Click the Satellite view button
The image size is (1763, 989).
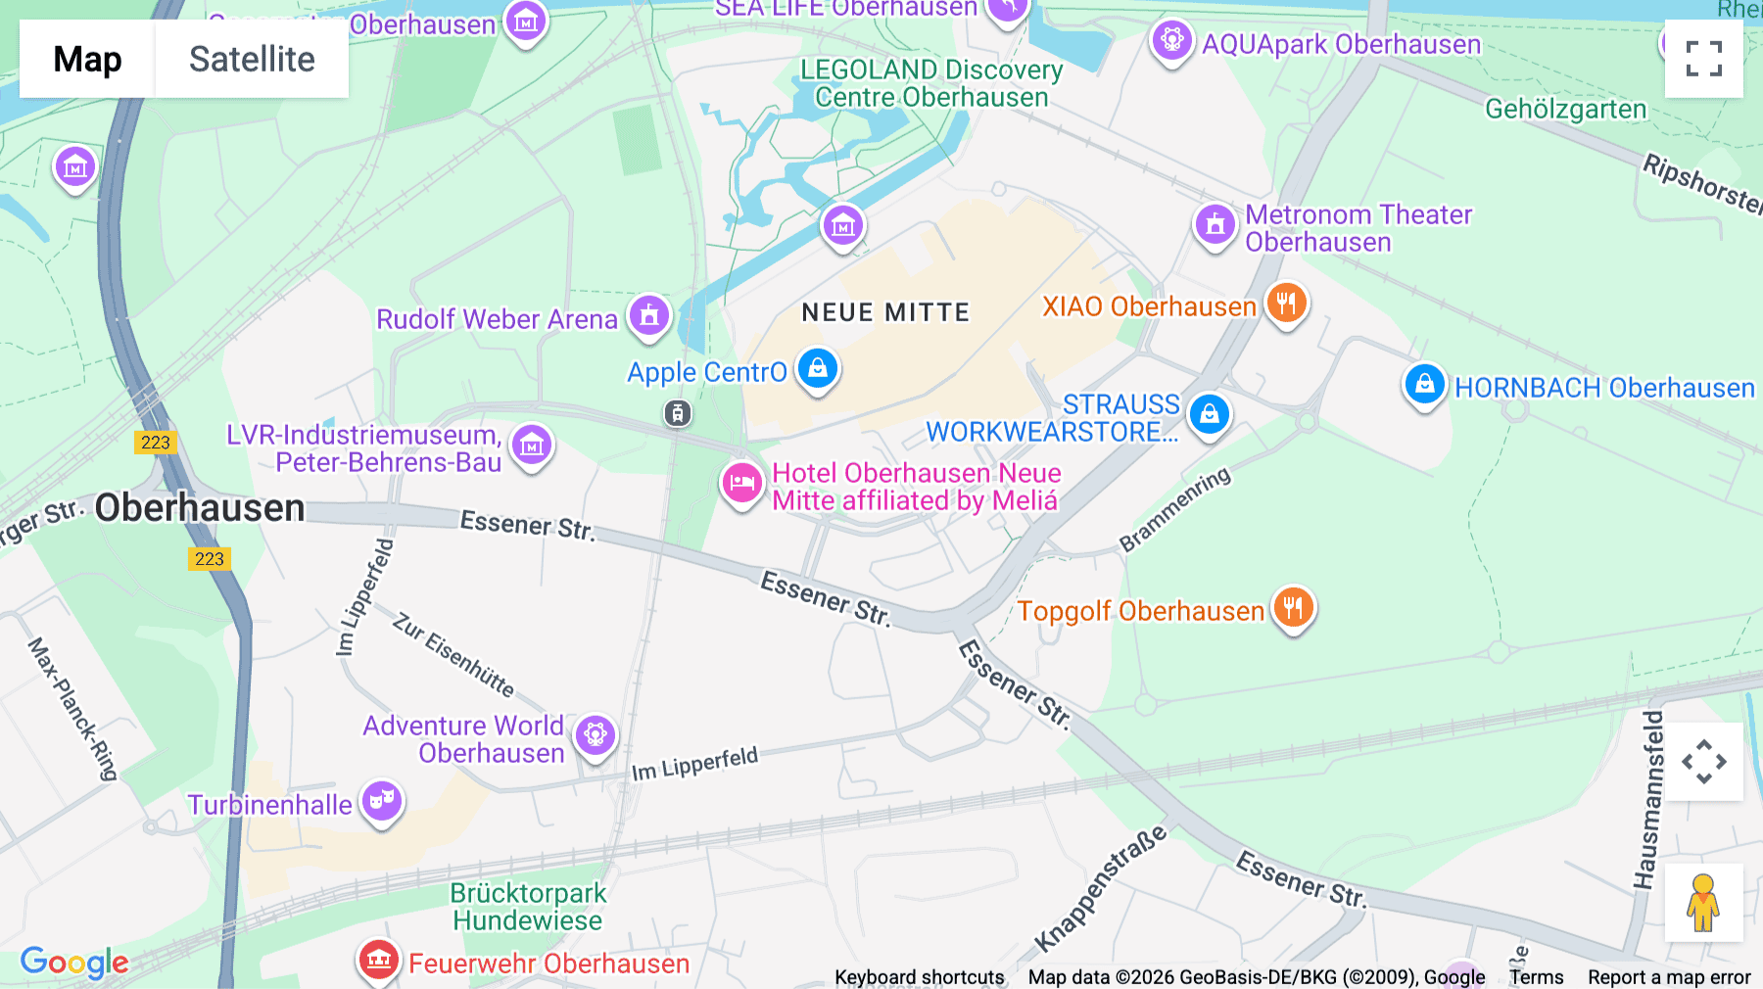point(252,59)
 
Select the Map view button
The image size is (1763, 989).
point(87,59)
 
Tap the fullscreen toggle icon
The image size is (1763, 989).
point(1703,59)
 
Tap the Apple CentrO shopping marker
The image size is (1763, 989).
point(818,369)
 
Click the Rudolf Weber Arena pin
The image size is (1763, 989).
point(649,316)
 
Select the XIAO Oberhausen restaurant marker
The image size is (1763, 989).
point(1287,304)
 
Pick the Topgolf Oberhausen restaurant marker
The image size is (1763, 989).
point(1294,608)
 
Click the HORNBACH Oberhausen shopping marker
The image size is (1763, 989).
point(1425,385)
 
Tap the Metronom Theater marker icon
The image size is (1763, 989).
point(1215,224)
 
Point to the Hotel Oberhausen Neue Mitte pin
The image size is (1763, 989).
point(742,483)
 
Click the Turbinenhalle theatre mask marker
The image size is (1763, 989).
point(382,801)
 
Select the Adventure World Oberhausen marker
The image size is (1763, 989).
point(596,734)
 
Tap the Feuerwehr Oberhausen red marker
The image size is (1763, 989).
point(379,960)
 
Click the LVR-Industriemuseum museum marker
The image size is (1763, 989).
point(532,446)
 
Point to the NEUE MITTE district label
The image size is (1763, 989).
point(885,312)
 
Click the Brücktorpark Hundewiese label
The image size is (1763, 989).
point(528,907)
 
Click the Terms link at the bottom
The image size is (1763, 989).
point(1536,976)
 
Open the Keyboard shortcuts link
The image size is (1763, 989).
point(919,976)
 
